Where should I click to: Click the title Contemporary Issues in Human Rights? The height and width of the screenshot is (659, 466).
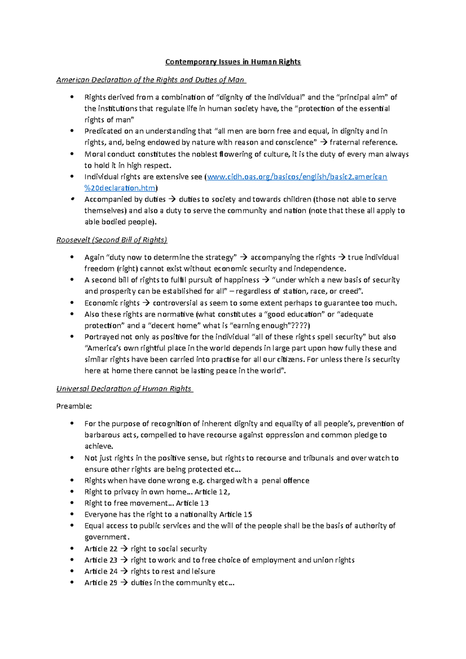point(233,62)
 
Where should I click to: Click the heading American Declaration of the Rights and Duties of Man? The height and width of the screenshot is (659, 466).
point(151,80)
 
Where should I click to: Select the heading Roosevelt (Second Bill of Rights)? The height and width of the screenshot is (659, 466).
point(112,240)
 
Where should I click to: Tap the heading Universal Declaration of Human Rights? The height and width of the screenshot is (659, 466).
point(124,388)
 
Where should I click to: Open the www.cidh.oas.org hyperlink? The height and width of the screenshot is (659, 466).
point(297,177)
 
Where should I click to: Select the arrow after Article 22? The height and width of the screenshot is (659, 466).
point(124,549)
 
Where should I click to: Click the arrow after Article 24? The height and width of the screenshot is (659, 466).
point(124,571)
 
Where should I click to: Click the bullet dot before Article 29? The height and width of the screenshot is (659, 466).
point(72,583)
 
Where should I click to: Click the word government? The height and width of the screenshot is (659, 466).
point(106,537)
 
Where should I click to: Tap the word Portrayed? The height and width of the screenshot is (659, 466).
point(101,337)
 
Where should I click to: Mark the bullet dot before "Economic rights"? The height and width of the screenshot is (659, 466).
point(72,303)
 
